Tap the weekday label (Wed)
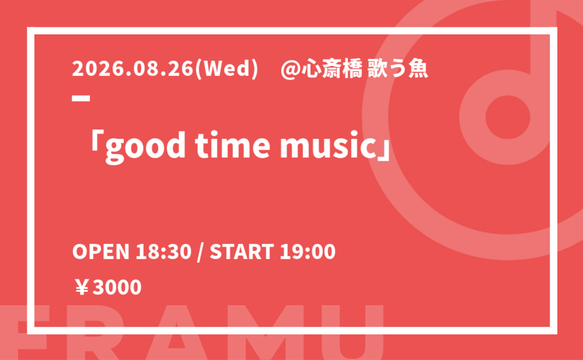pyautogui.click(x=226, y=69)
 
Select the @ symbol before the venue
pyautogui.click(x=290, y=70)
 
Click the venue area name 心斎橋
pyautogui.click(x=332, y=69)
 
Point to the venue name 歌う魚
pyautogui.click(x=398, y=69)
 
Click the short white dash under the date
pyautogui.click(x=81, y=98)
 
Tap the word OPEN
pyautogui.click(x=100, y=252)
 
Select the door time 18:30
pyautogui.click(x=163, y=252)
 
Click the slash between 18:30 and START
pyautogui.click(x=201, y=252)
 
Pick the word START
pyautogui.click(x=242, y=252)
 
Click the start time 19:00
pyautogui.click(x=307, y=252)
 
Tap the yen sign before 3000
pyautogui.click(x=82, y=287)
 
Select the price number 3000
pyautogui.click(x=117, y=287)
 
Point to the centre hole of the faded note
pyautogui.click(x=508, y=117)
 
